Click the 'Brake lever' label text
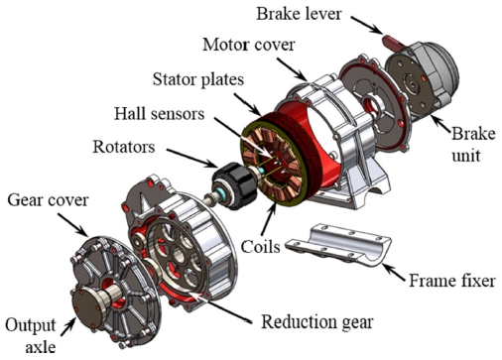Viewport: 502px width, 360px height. (x=299, y=14)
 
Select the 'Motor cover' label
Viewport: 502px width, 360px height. (x=248, y=45)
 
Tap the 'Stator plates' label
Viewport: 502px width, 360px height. (x=198, y=79)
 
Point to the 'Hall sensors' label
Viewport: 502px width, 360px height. (x=159, y=114)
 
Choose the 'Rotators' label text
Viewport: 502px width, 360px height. (x=124, y=147)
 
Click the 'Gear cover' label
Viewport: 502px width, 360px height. (x=48, y=200)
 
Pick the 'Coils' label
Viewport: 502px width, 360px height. (x=260, y=247)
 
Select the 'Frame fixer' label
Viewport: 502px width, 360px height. (x=452, y=281)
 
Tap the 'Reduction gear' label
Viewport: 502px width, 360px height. (x=317, y=321)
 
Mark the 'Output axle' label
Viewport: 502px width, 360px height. (x=31, y=335)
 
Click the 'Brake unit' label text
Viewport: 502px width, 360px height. (x=473, y=145)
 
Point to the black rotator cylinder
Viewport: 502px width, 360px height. (x=234, y=185)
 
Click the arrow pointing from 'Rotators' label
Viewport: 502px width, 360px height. (x=191, y=158)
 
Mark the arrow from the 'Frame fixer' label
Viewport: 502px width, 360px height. (x=395, y=273)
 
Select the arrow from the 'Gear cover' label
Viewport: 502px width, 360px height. (x=73, y=225)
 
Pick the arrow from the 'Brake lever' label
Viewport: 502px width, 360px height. (x=367, y=25)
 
